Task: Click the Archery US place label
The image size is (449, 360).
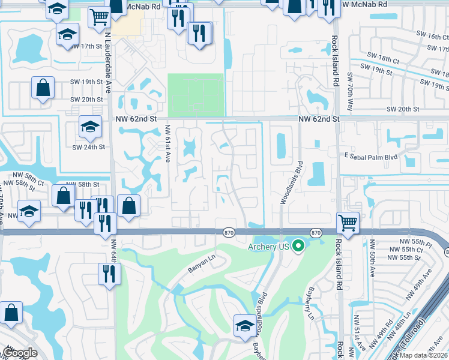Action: pyautogui.click(x=268, y=247)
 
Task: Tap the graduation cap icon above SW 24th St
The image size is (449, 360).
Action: pyautogui.click(x=90, y=127)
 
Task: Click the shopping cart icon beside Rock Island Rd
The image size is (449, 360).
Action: pyautogui.click(x=348, y=223)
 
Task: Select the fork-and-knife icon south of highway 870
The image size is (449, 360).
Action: pyautogui.click(x=109, y=274)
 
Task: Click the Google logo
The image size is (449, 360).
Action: pyautogui.click(x=20, y=352)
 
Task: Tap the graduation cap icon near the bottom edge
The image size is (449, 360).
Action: pyautogui.click(x=244, y=326)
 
